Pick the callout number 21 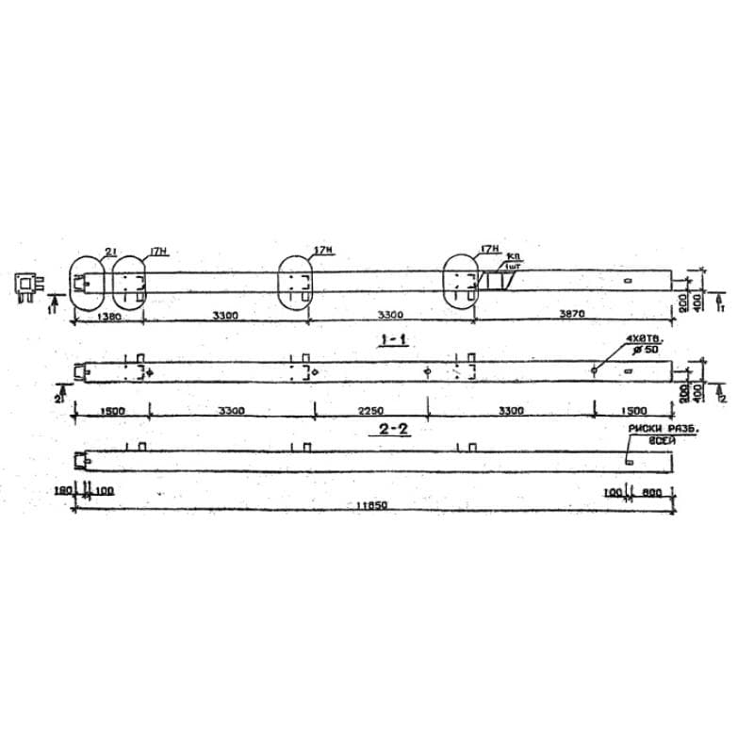(x=110, y=251)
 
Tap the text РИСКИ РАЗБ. (x=654, y=429)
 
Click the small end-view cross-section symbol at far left (x=26, y=285)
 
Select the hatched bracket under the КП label (x=495, y=282)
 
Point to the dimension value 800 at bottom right (x=652, y=491)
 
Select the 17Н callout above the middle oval (x=323, y=250)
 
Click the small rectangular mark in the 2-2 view (x=629, y=462)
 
